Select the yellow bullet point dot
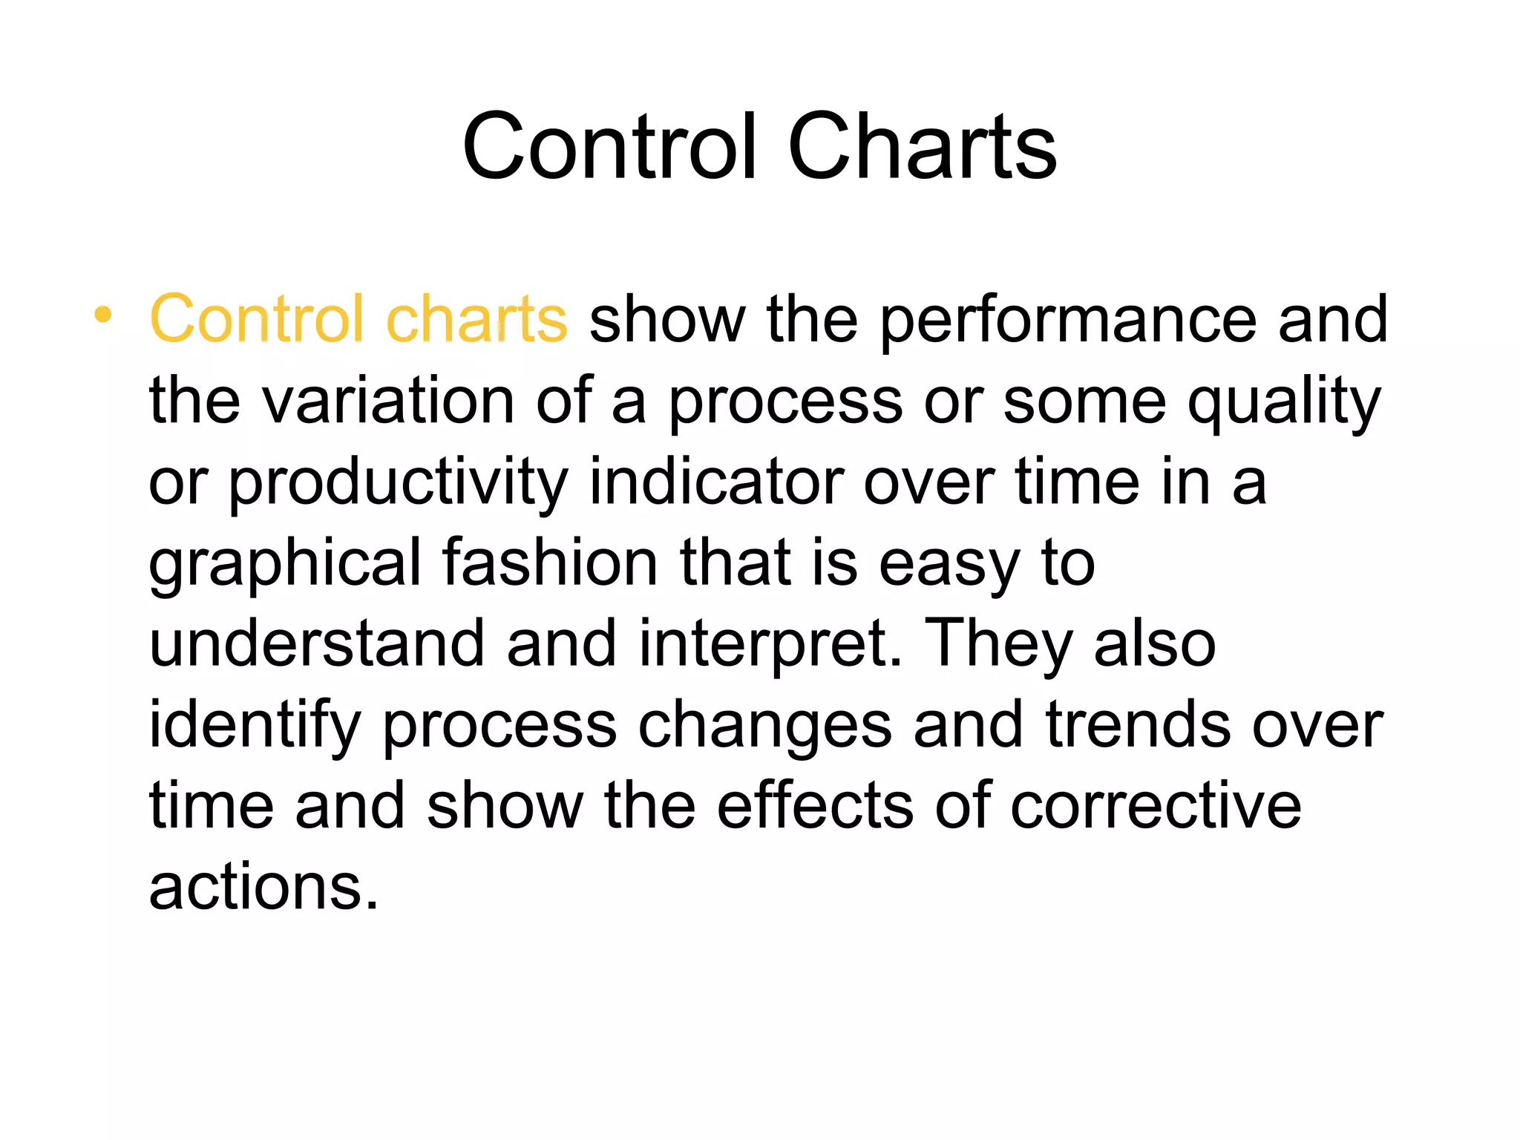click(103, 315)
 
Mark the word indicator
click(716, 482)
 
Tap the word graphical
click(285, 564)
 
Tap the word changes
click(764, 726)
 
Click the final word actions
click(263, 888)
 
